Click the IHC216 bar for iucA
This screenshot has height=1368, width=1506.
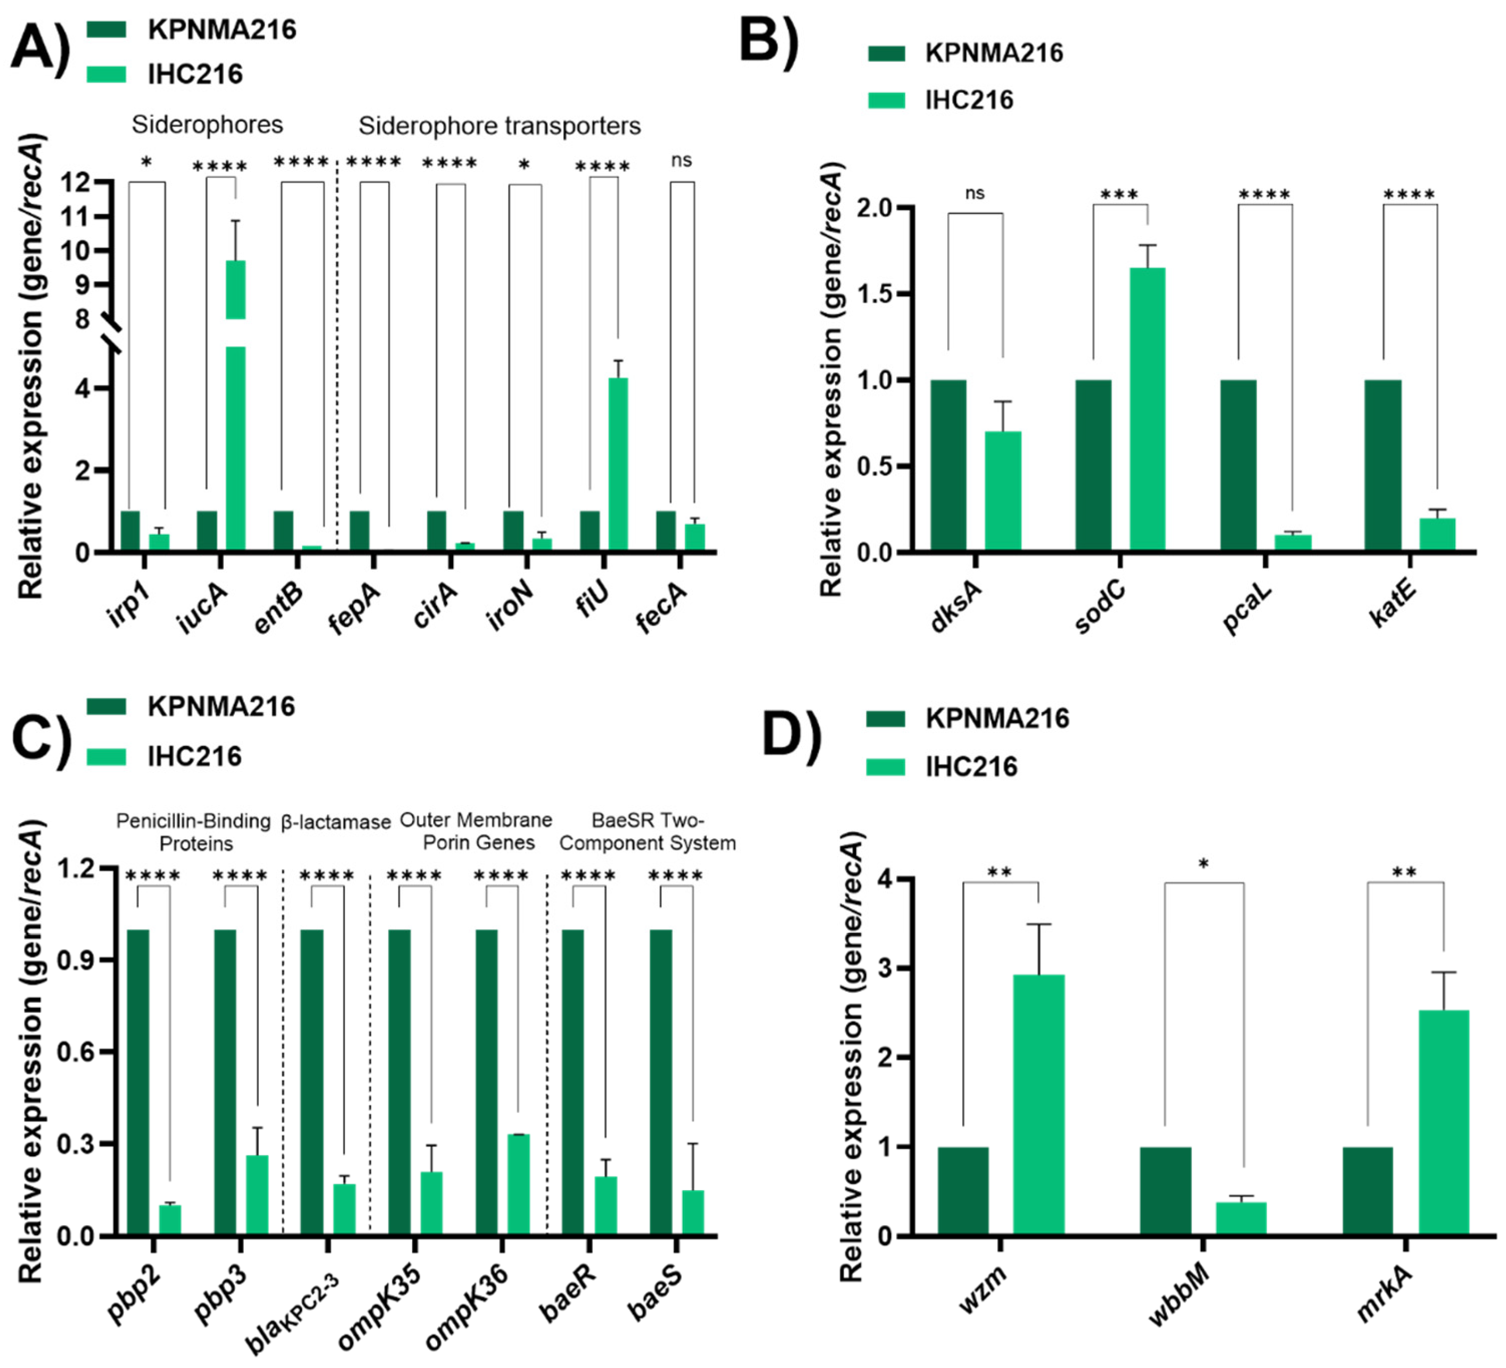[x=235, y=448]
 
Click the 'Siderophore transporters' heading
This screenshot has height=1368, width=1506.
[x=499, y=126]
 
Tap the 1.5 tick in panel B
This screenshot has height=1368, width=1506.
[x=876, y=293]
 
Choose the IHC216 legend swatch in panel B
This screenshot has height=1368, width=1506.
[x=887, y=100]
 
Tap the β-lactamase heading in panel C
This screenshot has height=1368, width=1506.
[x=336, y=823]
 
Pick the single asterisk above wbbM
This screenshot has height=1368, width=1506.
[x=1204, y=864]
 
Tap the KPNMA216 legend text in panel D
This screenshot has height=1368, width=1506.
[x=997, y=718]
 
